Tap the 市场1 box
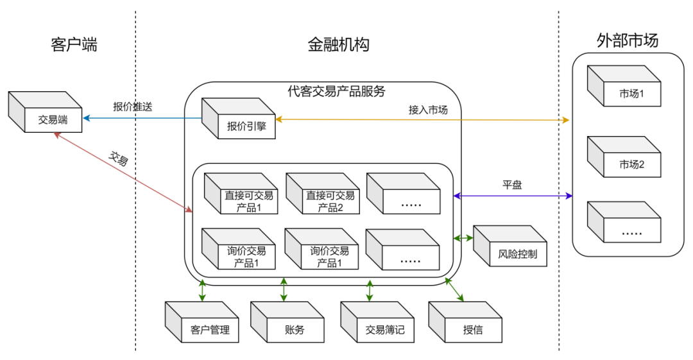click(631, 94)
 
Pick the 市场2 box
click(631, 164)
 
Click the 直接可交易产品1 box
click(248, 201)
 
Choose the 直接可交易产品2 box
click(330, 201)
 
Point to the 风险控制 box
click(517, 253)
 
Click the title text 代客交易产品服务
click(336, 91)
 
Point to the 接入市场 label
click(428, 110)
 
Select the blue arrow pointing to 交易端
click(141, 118)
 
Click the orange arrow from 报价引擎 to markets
click(424, 119)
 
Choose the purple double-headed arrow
click(513, 195)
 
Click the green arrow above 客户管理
click(202, 290)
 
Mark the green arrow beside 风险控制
click(463, 238)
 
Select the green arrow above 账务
click(284, 290)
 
